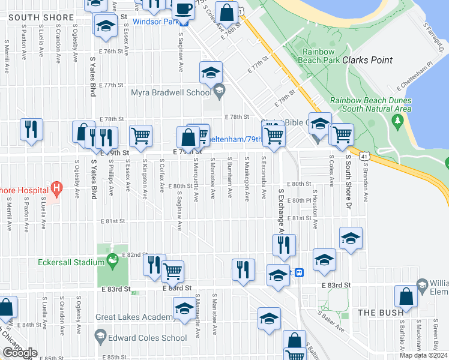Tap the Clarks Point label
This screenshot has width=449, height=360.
tap(367, 60)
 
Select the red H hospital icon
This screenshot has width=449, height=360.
tap(56, 190)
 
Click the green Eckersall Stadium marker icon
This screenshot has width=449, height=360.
tap(112, 260)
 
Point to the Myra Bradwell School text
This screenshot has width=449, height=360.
tap(170, 92)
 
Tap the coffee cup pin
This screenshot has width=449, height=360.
tap(183, 10)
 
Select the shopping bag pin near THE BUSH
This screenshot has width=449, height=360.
tap(406, 298)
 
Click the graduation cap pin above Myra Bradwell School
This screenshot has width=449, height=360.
tap(211, 73)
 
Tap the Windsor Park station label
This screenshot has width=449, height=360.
tap(156, 22)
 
